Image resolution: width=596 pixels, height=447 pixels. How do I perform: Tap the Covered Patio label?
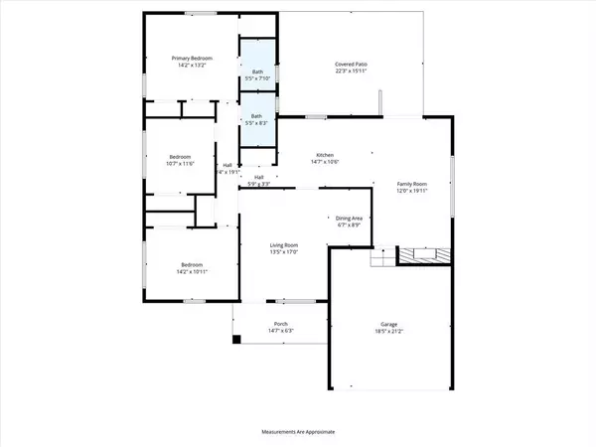click(351, 64)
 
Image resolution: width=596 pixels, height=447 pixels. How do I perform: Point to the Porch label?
click(281, 325)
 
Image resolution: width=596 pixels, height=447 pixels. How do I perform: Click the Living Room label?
click(285, 244)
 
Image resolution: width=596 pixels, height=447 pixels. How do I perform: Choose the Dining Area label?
click(347, 218)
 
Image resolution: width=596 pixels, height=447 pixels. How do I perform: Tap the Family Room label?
click(411, 185)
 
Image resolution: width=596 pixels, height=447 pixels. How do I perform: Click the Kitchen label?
click(325, 155)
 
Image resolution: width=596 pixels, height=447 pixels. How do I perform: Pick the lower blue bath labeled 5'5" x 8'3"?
click(257, 120)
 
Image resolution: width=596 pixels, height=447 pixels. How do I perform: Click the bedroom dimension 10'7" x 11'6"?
click(180, 164)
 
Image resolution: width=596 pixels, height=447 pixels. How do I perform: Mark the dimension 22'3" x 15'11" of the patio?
click(351, 71)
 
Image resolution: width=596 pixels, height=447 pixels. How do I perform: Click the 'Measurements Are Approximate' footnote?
click(298, 433)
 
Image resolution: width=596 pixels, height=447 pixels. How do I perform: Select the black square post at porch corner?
click(236, 340)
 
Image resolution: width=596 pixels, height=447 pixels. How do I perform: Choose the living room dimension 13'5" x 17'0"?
click(285, 252)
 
